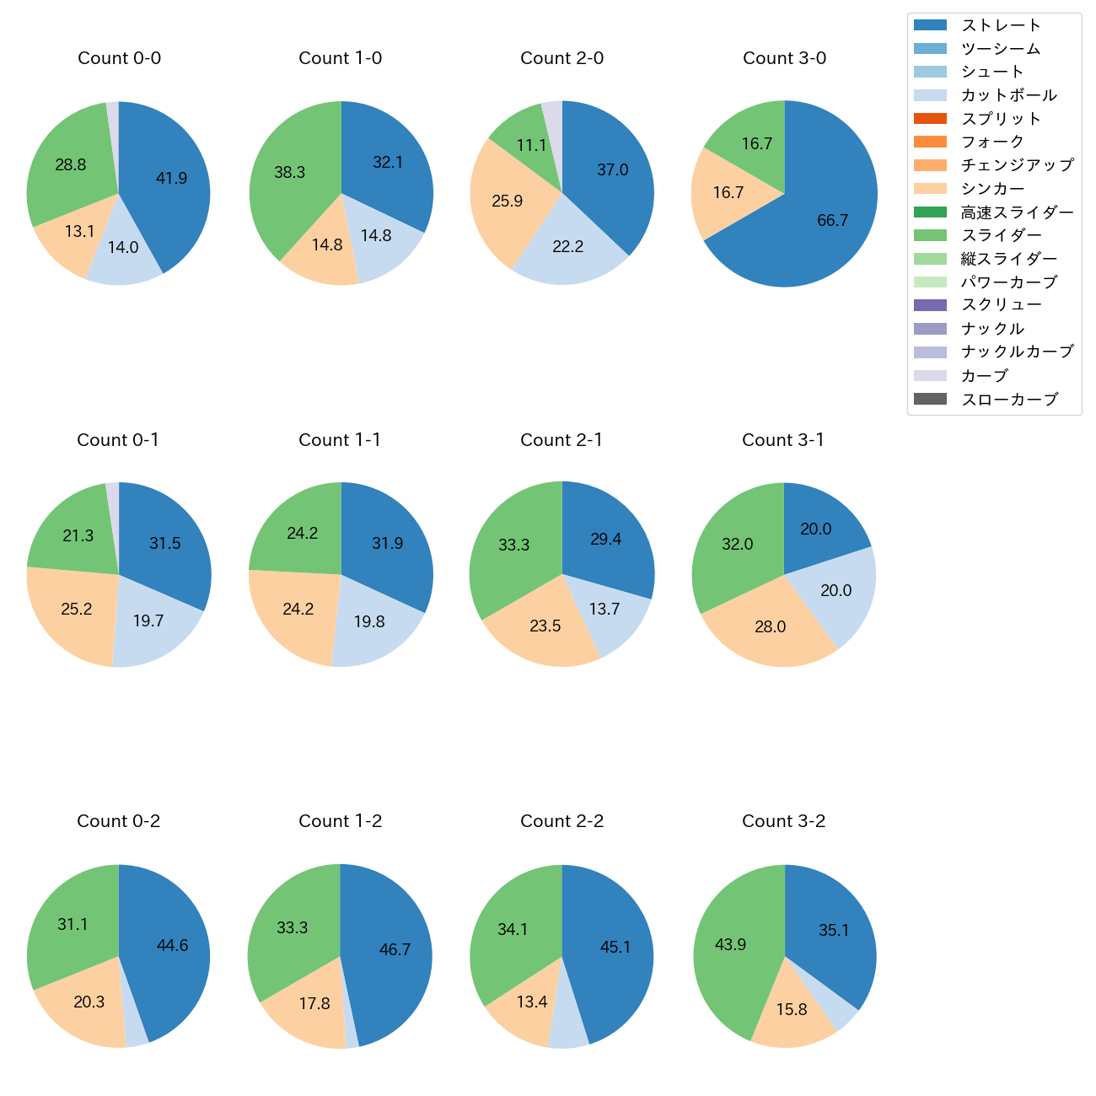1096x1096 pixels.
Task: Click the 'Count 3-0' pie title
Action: click(784, 58)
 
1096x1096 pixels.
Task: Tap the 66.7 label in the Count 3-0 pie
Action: click(832, 220)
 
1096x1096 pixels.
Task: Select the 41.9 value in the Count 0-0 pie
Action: click(171, 178)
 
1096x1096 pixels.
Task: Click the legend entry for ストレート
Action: click(1001, 25)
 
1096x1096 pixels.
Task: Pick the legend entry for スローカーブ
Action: click(1009, 400)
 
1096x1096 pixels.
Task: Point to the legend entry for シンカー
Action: click(992, 189)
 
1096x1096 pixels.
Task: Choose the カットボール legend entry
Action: click(1008, 95)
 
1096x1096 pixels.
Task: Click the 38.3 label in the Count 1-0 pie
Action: click(289, 172)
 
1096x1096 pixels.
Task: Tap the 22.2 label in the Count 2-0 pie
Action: click(567, 246)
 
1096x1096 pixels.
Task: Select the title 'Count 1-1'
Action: click(340, 440)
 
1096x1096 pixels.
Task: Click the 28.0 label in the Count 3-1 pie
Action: click(770, 626)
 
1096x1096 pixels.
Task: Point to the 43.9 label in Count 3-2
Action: click(730, 944)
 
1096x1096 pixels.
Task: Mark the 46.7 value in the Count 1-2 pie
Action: click(395, 949)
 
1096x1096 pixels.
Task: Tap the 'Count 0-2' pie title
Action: click(118, 821)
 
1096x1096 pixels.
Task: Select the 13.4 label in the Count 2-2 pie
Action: click(532, 1002)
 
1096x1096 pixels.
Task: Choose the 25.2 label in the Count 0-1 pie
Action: click(76, 609)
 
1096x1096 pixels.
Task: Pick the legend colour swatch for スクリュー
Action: click(930, 305)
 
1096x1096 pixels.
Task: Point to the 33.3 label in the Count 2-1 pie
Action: click(513, 545)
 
